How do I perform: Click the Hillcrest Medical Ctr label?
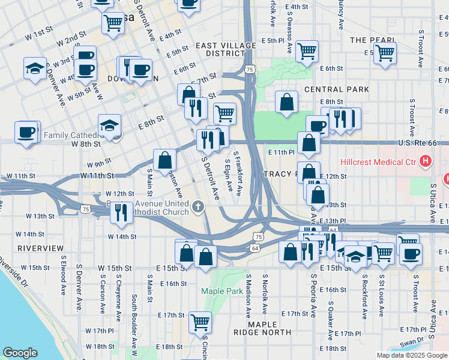[387, 162]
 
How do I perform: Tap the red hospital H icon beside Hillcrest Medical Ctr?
[426, 161]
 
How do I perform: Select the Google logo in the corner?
[20, 353]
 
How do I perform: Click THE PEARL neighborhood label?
[373, 40]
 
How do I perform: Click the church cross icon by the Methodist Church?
[199, 208]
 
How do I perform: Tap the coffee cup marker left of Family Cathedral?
[26, 131]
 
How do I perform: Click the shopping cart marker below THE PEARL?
[385, 52]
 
